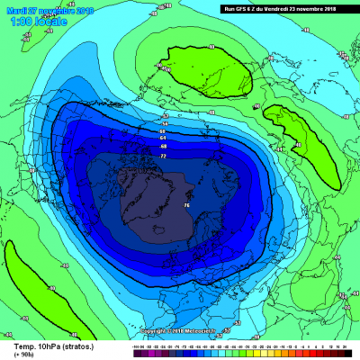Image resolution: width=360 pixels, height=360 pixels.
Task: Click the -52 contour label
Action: pos(165,116)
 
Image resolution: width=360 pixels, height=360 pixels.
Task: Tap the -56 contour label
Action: pos(165,124)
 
